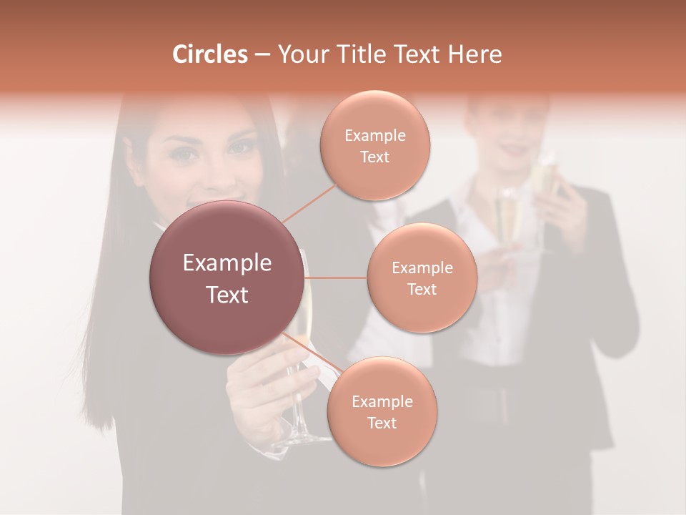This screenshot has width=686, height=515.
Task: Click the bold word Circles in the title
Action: [209, 54]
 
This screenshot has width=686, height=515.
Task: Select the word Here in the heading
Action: [474, 54]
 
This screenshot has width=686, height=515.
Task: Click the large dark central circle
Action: [227, 278]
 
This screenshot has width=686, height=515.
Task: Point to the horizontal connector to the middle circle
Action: [336, 278]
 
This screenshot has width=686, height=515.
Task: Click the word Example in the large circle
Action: [227, 263]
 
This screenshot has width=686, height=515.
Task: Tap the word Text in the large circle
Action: [227, 295]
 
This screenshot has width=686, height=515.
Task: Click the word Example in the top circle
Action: [375, 135]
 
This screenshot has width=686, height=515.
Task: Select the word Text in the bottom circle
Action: [382, 423]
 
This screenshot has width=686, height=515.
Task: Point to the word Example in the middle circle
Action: [422, 268]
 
